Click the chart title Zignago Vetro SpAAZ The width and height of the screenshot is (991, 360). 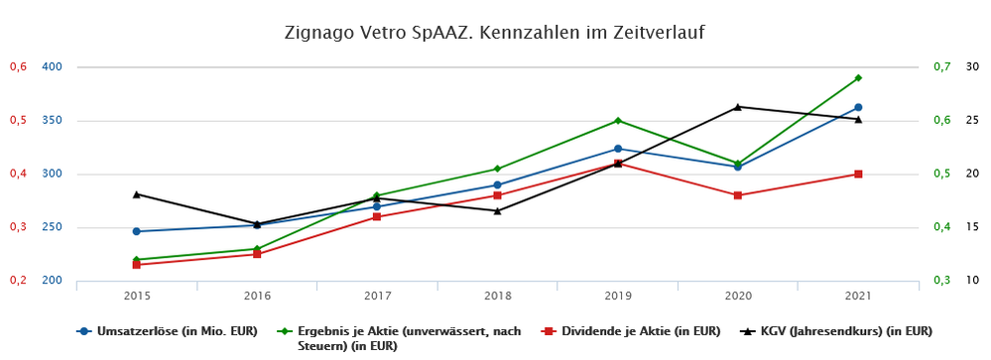[x=495, y=33]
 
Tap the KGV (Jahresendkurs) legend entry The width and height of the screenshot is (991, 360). [x=843, y=330]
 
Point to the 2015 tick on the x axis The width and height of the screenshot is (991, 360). [x=137, y=296]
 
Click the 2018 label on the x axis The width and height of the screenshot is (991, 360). [x=497, y=296]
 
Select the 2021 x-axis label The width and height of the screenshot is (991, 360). [x=858, y=296]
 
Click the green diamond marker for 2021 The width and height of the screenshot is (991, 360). [x=858, y=77]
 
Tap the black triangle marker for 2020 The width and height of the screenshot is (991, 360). [x=738, y=106]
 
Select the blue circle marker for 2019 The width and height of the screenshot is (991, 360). [x=618, y=149]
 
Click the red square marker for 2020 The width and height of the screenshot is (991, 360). [x=738, y=195]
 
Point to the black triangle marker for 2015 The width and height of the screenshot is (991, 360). [x=137, y=193]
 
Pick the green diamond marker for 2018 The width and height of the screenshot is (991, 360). [x=497, y=169]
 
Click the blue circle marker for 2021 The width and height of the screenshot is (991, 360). [x=858, y=107]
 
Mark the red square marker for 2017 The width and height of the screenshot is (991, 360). [x=377, y=216]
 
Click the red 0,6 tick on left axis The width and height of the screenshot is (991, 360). [x=17, y=67]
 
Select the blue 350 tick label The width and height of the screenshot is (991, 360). [x=52, y=121]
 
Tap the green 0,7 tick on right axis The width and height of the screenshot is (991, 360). [x=941, y=67]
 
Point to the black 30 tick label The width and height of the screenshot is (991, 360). [x=972, y=67]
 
